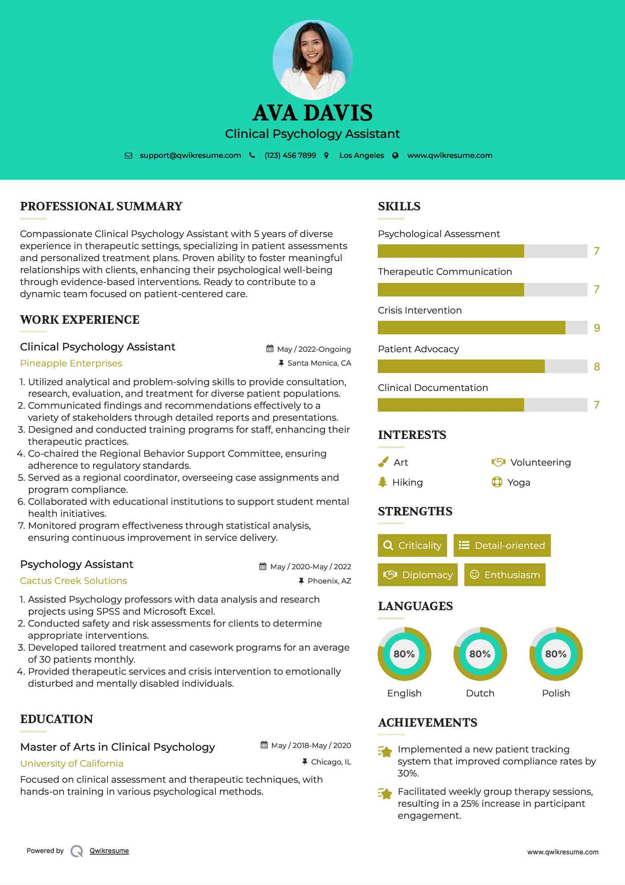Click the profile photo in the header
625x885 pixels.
pyautogui.click(x=312, y=60)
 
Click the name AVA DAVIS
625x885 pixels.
pyautogui.click(x=312, y=113)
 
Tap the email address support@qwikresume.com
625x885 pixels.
pyautogui.click(x=190, y=156)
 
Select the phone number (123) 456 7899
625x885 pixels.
pyautogui.click(x=290, y=156)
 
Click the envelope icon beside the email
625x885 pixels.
pyautogui.click(x=128, y=156)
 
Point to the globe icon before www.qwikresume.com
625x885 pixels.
pyautogui.click(x=395, y=156)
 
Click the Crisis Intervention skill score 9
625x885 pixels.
pyautogui.click(x=597, y=328)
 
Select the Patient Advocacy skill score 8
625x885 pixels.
pyautogui.click(x=597, y=367)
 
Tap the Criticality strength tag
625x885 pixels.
pyautogui.click(x=412, y=546)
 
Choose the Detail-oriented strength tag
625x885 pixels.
pyautogui.click(x=502, y=546)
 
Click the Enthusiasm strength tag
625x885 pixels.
pyautogui.click(x=505, y=575)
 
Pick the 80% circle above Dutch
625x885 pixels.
pyautogui.click(x=480, y=654)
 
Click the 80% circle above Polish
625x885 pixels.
pyautogui.click(x=556, y=654)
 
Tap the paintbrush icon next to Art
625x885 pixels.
pyautogui.click(x=383, y=463)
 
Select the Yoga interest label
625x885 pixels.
pyautogui.click(x=519, y=483)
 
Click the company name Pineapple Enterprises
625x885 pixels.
pyautogui.click(x=71, y=363)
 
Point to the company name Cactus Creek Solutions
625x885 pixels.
pyautogui.click(x=73, y=581)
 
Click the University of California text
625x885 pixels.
pyautogui.click(x=72, y=764)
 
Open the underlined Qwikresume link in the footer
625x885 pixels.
pyautogui.click(x=109, y=851)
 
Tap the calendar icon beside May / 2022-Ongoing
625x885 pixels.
pyautogui.click(x=270, y=349)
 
